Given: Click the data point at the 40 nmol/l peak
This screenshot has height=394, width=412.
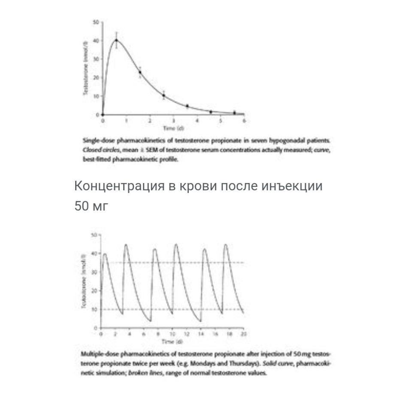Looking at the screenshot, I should [x=116, y=40].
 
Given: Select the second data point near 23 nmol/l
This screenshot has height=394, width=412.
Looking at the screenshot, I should [x=140, y=72].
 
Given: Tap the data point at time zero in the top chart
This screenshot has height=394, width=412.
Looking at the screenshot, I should [x=103, y=115].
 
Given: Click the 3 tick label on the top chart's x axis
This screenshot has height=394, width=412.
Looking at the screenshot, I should [x=173, y=121].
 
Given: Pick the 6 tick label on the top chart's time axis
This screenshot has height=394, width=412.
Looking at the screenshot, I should [x=244, y=121].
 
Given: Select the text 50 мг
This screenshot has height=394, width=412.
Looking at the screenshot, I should [x=91, y=206].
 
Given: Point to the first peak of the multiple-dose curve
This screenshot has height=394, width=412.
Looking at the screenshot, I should [x=105, y=254].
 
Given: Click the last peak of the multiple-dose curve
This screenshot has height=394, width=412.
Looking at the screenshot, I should [x=226, y=244].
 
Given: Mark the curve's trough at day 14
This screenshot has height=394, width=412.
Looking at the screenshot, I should [x=200, y=321].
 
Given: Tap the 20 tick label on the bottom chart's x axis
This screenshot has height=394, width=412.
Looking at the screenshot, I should [x=244, y=334].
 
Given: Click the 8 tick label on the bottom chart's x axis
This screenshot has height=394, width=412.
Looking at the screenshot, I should [x=158, y=334].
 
